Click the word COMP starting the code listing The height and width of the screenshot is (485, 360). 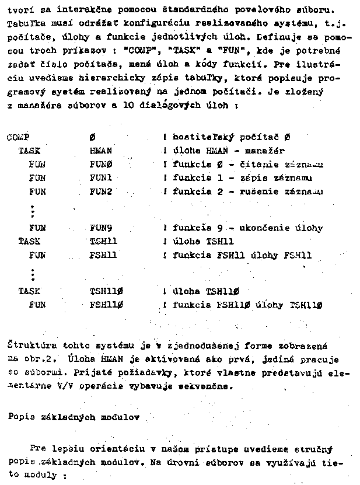point(18,138)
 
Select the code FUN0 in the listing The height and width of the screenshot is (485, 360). point(101,165)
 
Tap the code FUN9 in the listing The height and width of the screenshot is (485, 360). point(101,228)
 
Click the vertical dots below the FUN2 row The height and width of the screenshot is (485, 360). point(33,210)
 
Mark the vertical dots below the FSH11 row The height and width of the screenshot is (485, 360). point(33,273)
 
